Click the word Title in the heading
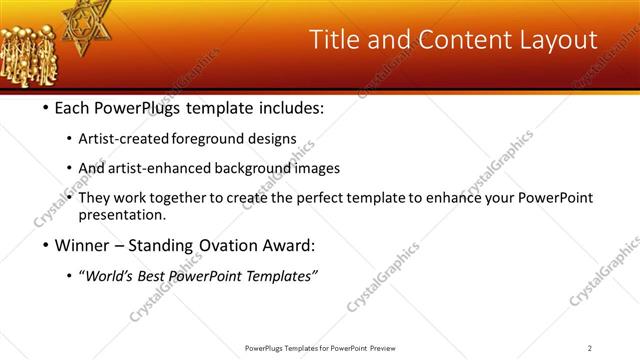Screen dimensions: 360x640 click(333, 40)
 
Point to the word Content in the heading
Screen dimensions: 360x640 click(445, 40)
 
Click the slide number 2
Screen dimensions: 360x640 click(589, 348)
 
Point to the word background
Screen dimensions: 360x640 click(255, 168)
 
